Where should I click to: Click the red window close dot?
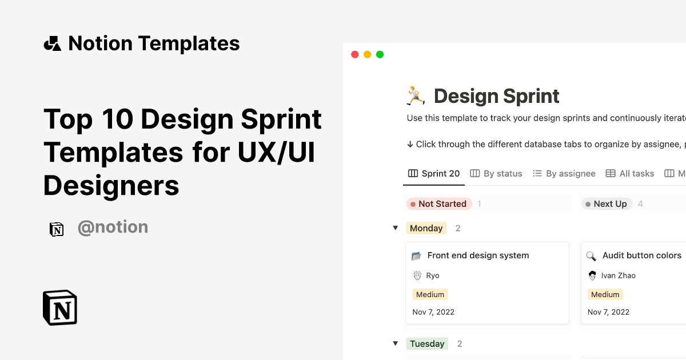point(354,55)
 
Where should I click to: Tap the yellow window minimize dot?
point(367,55)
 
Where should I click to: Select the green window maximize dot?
point(380,55)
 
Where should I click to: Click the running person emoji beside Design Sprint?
point(416,95)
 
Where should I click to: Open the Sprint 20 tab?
point(434,174)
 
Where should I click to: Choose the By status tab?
point(496,174)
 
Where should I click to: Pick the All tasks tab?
point(630,174)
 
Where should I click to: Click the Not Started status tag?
point(438,204)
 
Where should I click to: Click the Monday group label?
point(426,228)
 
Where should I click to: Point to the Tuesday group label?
point(426,343)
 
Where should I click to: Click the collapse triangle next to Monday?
point(395,228)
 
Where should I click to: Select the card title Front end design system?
point(478,255)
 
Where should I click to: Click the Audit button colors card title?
point(641,255)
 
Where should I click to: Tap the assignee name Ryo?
point(433,275)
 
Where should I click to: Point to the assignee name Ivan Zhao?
point(618,275)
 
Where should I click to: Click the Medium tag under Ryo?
point(430,294)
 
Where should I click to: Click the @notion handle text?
point(113,227)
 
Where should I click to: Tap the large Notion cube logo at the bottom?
point(60,308)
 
